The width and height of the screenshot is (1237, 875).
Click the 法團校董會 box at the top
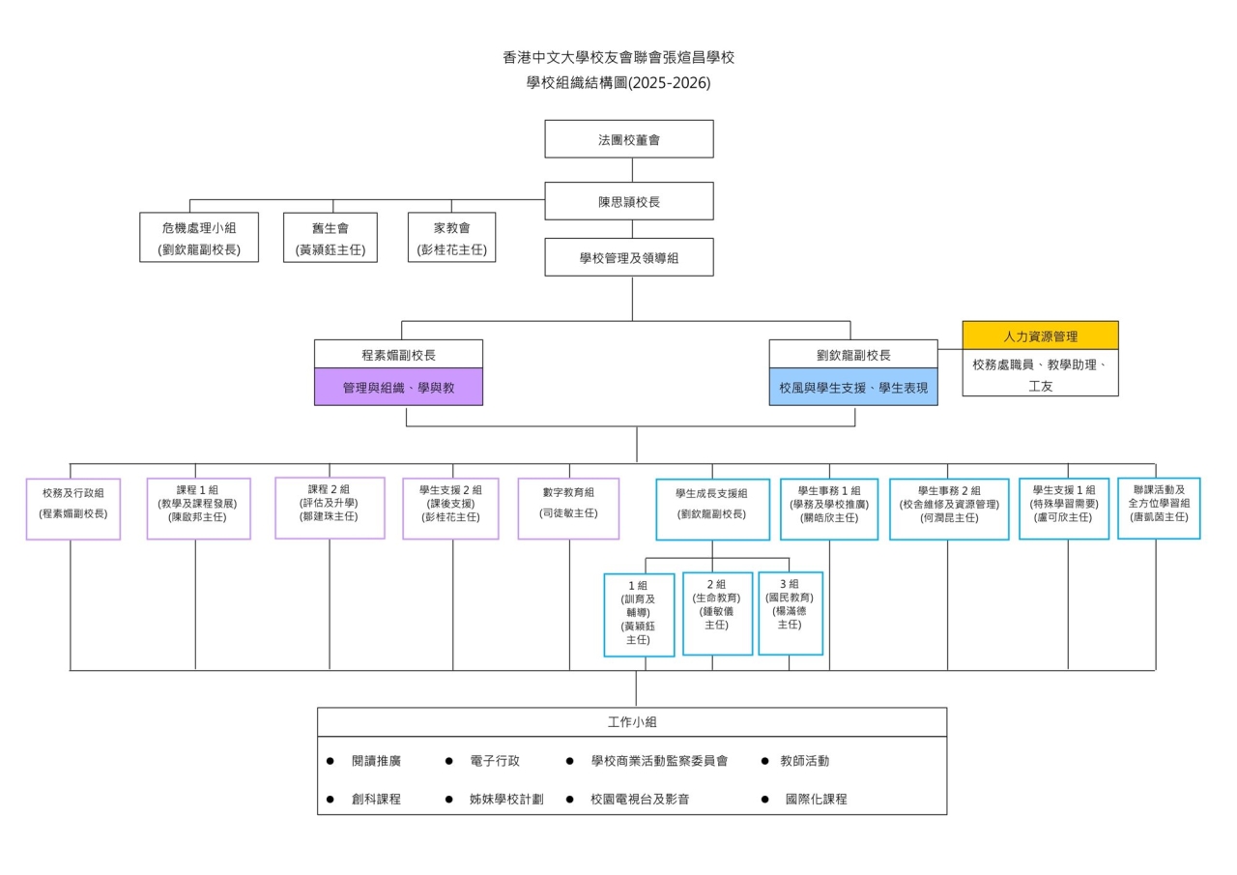click(x=629, y=139)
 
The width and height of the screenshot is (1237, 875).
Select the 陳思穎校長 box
click(x=629, y=202)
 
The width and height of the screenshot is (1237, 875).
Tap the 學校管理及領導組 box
click(x=629, y=258)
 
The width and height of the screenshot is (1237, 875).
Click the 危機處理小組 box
click(x=199, y=238)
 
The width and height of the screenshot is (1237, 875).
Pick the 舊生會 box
click(x=331, y=238)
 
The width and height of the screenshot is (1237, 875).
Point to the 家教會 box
click(x=451, y=238)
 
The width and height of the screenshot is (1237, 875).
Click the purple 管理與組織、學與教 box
click(x=398, y=387)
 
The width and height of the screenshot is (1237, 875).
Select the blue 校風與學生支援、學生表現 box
click(x=853, y=387)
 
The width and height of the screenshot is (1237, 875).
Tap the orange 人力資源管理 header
click(x=1040, y=336)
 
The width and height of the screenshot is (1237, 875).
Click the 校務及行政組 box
click(x=73, y=508)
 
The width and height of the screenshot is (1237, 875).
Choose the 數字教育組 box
click(x=568, y=508)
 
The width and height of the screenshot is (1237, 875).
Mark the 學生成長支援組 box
click(x=712, y=509)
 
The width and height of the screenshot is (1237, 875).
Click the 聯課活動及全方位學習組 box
click(x=1159, y=508)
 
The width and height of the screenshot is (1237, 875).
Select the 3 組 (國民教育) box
click(x=790, y=613)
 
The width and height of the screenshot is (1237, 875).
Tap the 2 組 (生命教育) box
click(x=716, y=613)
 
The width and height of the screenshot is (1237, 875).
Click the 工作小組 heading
click(x=632, y=722)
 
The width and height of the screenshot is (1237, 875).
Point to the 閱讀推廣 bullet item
click(x=376, y=761)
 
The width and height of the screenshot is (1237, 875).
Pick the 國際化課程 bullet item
click(x=816, y=800)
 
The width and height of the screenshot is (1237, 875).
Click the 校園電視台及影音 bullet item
click(x=639, y=800)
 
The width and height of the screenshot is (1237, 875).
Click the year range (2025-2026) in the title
click(x=669, y=83)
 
